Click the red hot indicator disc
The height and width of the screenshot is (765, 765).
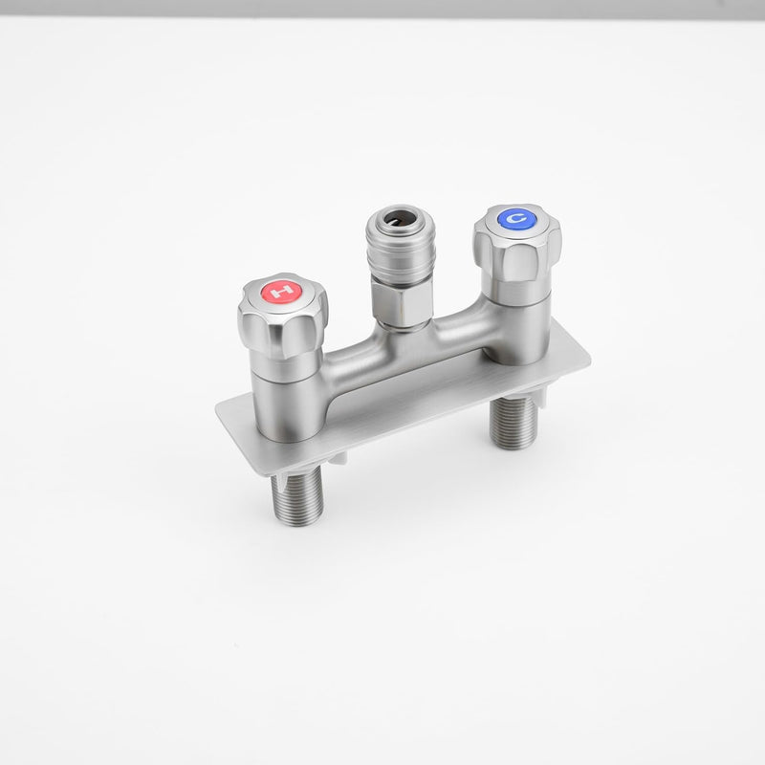coord(281,292)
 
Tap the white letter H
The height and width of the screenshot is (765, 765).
coord(282,292)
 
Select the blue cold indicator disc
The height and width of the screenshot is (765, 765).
coord(516,219)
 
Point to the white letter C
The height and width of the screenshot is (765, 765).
coord(516,218)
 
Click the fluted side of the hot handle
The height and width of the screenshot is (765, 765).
coord(283,332)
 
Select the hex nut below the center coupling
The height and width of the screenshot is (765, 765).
coord(401,303)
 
